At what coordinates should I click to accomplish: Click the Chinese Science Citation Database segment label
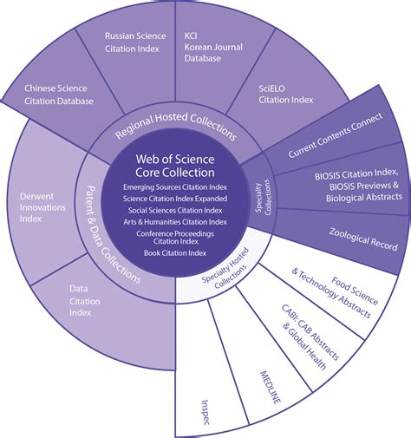(55, 95)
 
